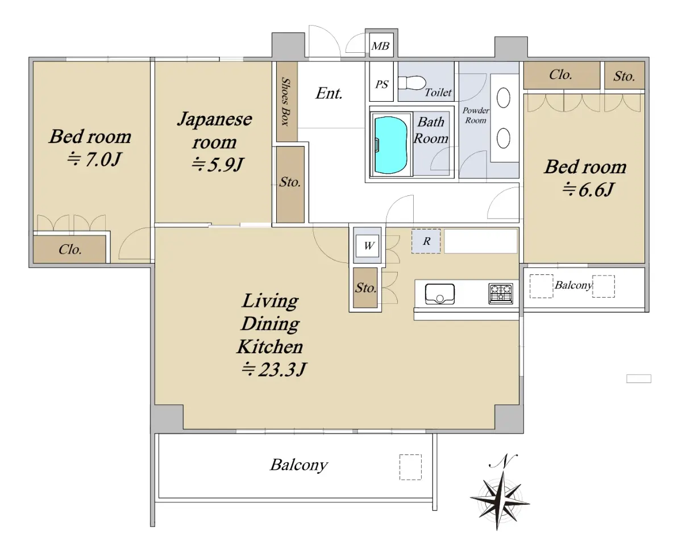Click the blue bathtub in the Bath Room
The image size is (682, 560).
[390, 145]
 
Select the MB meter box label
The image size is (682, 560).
[380, 46]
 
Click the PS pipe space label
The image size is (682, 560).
[381, 84]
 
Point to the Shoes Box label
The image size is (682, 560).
[285, 102]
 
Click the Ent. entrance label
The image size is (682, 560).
[329, 93]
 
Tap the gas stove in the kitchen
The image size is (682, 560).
[501, 294]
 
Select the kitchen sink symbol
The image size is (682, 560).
[440, 294]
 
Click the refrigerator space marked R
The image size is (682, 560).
[426, 241]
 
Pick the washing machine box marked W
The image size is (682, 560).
[367, 246]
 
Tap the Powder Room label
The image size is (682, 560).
[475, 115]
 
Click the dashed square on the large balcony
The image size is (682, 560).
[410, 467]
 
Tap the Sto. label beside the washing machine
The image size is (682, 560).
[366, 287]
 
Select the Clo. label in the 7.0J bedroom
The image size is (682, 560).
[70, 249]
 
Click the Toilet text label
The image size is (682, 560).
[438, 93]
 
